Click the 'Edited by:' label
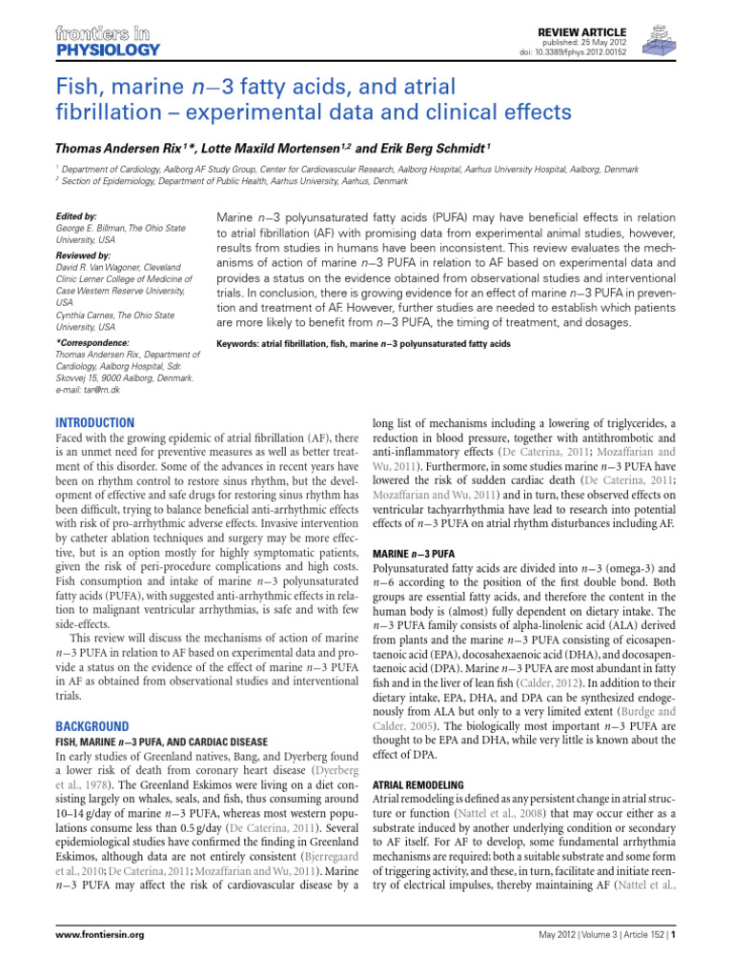tap(77, 216)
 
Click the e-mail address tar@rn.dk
tap(89, 390)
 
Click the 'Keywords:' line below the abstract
tap(364, 343)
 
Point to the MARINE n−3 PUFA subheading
tap(412, 553)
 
